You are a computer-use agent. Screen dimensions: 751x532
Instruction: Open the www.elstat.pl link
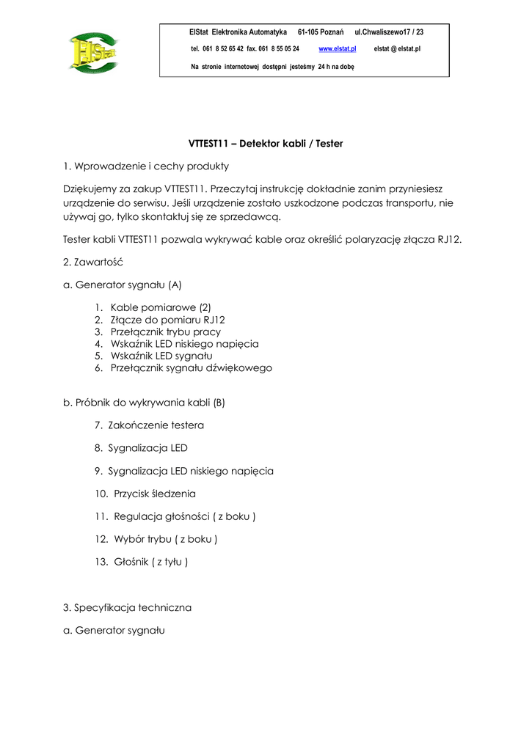point(338,48)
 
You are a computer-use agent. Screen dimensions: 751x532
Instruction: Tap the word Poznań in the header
point(330,32)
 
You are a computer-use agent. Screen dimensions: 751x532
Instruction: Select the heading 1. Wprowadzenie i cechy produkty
point(146,166)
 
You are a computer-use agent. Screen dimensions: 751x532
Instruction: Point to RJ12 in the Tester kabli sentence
point(449,239)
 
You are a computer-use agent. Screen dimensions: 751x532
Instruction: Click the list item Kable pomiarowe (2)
point(161,308)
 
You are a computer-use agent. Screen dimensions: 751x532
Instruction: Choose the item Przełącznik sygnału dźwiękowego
point(191,368)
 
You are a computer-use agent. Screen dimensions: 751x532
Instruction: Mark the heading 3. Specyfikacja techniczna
point(128,607)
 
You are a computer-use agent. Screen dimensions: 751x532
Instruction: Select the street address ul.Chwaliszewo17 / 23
point(389,32)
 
